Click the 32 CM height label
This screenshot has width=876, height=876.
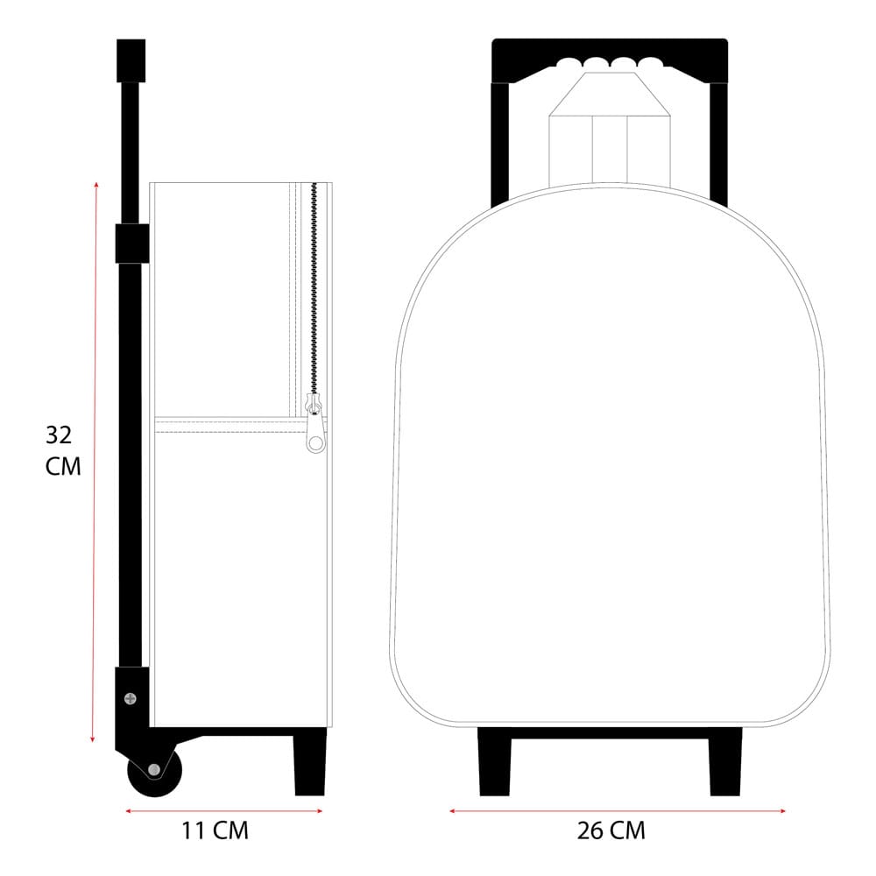point(62,450)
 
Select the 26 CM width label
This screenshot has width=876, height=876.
point(611,830)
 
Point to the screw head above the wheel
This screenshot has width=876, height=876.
point(131,698)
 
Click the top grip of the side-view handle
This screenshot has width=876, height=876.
point(131,60)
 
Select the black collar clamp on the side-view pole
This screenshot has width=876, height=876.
point(131,243)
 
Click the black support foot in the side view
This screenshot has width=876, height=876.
point(309,762)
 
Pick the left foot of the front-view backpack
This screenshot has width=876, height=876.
point(494,762)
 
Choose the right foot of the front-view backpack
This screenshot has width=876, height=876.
point(725,762)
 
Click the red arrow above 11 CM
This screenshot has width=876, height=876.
point(224,811)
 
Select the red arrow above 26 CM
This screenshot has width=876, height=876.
point(617,811)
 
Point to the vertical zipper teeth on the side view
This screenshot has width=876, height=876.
point(314,289)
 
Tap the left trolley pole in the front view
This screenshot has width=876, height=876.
point(499,140)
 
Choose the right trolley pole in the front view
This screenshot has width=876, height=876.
point(718,140)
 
